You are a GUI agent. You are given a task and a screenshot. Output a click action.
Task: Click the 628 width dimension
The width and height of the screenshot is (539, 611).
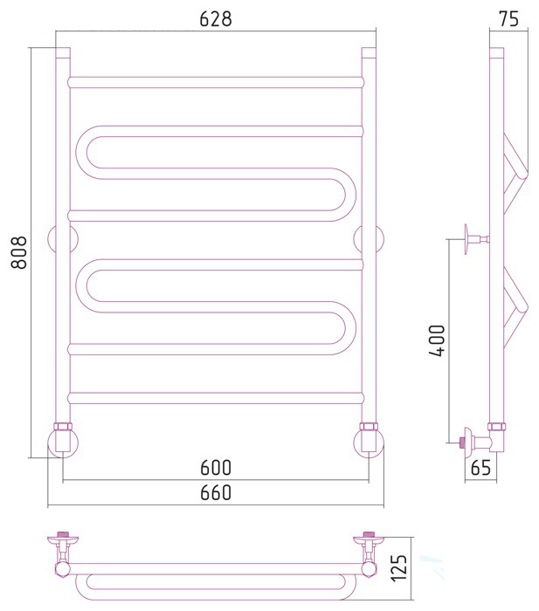click(x=215, y=18)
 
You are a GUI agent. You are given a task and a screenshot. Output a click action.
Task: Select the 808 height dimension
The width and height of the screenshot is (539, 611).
click(x=18, y=252)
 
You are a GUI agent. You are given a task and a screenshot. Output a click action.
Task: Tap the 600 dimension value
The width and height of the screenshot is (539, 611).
click(x=216, y=467)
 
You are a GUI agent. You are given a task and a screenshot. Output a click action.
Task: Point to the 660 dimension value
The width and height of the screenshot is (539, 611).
click(x=216, y=492)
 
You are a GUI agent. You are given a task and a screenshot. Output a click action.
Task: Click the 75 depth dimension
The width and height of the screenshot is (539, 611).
click(x=509, y=18)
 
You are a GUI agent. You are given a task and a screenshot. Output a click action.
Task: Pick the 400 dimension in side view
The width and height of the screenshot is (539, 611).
click(x=437, y=340)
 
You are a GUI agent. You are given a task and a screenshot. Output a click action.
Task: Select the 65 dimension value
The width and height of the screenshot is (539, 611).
click(x=480, y=467)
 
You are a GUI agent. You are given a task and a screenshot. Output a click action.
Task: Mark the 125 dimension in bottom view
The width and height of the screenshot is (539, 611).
click(x=399, y=567)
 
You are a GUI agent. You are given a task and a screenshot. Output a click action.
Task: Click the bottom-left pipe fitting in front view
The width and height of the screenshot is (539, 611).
click(x=62, y=440)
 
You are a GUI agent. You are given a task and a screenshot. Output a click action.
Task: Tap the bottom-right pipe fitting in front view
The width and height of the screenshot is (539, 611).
click(x=369, y=440)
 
